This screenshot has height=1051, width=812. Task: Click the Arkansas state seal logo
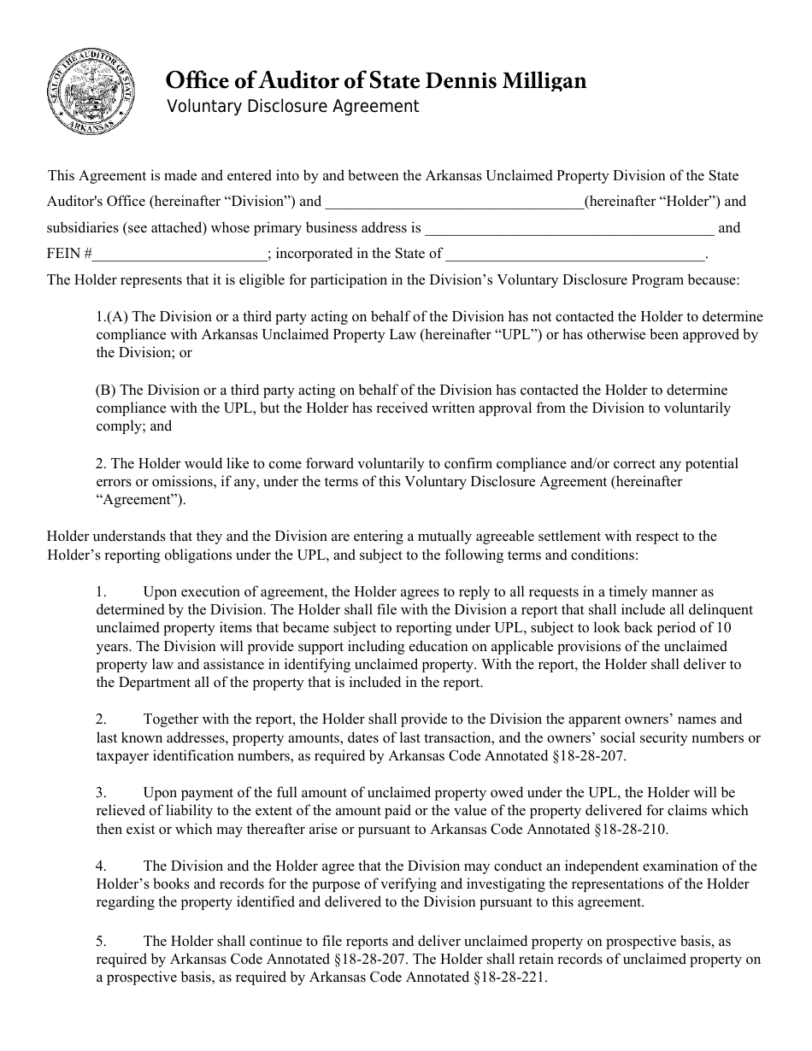pyautogui.click(x=91, y=91)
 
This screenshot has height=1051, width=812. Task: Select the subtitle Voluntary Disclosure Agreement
pyautogui.click(x=292, y=107)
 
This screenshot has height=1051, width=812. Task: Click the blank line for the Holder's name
pyautogui.click(x=454, y=203)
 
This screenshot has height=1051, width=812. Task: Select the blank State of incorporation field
pyautogui.click(x=575, y=255)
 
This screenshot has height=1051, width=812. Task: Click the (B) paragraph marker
pyautogui.click(x=105, y=390)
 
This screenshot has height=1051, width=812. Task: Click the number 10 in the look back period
pyautogui.click(x=723, y=628)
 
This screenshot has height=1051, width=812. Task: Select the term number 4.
pyautogui.click(x=101, y=866)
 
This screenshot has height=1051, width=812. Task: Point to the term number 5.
pyautogui.click(x=101, y=941)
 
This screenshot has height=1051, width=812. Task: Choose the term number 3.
pyautogui.click(x=101, y=793)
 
